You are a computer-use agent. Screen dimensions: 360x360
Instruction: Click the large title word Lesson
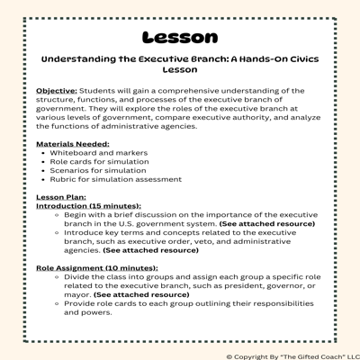click(180, 37)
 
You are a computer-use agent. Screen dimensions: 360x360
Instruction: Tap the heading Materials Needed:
click(73, 143)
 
